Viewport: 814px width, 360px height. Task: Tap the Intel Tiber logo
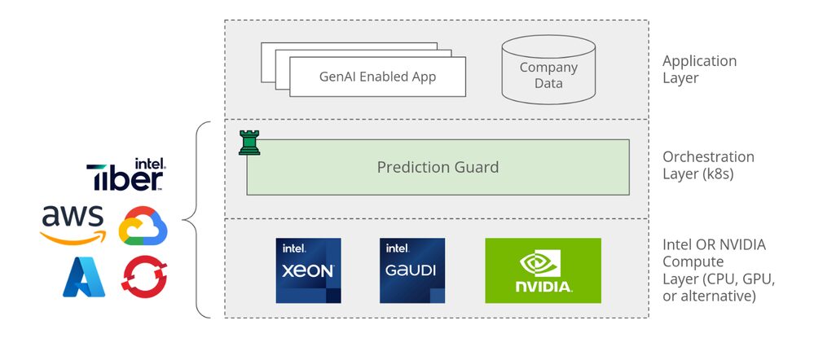125,175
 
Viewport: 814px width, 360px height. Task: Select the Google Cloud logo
143,226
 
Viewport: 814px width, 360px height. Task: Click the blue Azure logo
85,277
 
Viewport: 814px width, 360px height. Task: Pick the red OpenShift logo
143,277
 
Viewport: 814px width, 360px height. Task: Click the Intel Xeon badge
308,270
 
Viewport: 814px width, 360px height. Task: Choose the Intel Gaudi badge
412,270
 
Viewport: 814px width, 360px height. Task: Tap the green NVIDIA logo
543,270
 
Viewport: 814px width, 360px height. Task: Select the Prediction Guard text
438,167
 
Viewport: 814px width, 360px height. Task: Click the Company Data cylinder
548,69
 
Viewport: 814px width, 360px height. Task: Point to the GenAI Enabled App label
377,77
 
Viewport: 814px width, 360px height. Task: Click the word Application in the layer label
699,61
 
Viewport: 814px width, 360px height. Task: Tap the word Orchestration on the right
708,156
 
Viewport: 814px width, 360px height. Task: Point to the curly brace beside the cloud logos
191,218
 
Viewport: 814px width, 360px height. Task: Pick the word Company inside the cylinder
548,68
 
